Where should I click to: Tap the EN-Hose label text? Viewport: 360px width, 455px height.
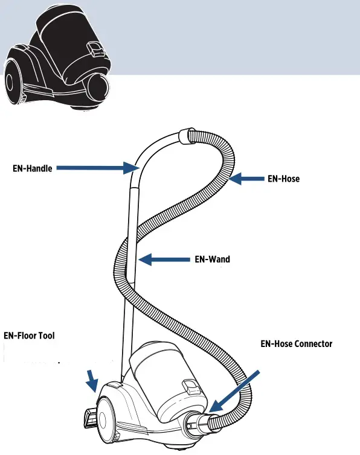pos(283,179)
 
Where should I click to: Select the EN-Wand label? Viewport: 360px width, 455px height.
pos(211,259)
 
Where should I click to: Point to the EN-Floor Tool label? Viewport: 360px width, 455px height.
pos(30,335)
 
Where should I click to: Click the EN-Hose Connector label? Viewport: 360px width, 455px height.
pos(296,344)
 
